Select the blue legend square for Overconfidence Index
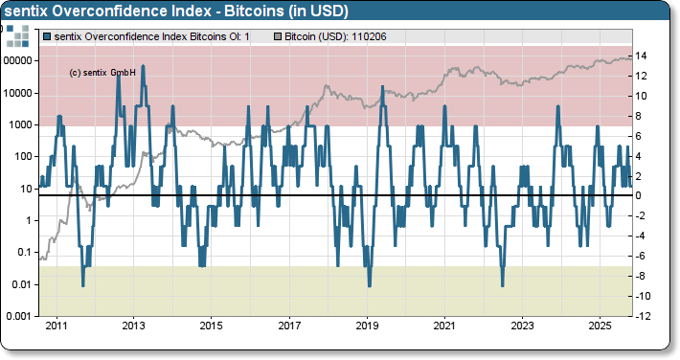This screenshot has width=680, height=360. coord(48,36)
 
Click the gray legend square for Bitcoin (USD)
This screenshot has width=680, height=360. coord(278,36)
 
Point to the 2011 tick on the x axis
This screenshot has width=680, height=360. coord(57,326)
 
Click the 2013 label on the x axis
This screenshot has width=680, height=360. coord(134,326)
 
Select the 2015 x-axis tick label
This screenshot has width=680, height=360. coord(212,326)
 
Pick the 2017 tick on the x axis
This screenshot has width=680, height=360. coord(289,326)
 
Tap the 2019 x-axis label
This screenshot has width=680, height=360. coord(367,326)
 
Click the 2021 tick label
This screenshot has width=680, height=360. coord(444,326)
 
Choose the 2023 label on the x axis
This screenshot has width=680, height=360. coord(522,326)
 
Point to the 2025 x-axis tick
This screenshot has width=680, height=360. coord(600,326)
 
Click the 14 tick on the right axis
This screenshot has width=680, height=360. coord(646,56)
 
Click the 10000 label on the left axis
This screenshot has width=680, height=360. coord(20,93)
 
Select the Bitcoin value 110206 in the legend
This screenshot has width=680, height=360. coord(367,36)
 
